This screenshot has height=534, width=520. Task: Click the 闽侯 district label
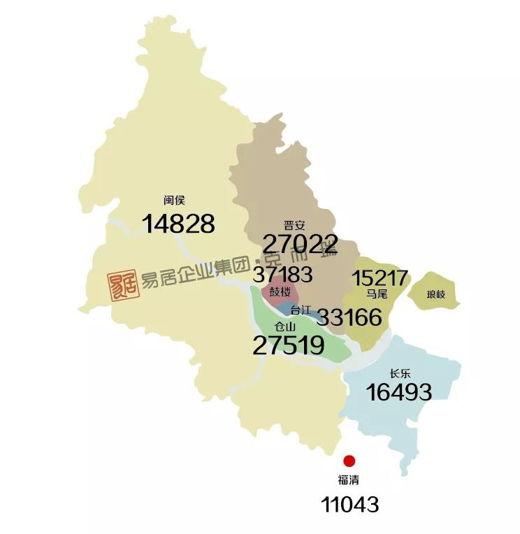[x=174, y=200]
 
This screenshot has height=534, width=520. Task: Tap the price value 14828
[x=178, y=224]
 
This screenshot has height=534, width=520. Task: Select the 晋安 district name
[x=294, y=225]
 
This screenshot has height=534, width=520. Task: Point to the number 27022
[x=301, y=244]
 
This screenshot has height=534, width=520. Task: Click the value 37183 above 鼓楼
[x=283, y=273]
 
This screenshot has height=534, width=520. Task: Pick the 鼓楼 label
[x=280, y=291]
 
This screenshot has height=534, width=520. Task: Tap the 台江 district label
[x=301, y=309]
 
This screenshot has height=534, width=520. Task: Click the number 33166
[x=349, y=318]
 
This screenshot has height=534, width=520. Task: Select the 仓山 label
[x=285, y=326]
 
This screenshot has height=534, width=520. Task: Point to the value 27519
[x=288, y=345]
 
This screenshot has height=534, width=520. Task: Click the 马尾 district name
[x=377, y=294]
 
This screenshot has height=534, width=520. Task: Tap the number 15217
[x=380, y=278]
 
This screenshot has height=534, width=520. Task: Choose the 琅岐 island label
[x=435, y=294]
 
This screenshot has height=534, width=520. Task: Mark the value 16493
[x=399, y=393]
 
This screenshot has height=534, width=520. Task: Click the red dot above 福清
[x=349, y=461]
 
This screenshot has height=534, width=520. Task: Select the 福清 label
[x=349, y=481]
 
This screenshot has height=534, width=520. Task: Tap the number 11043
[x=349, y=504]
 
